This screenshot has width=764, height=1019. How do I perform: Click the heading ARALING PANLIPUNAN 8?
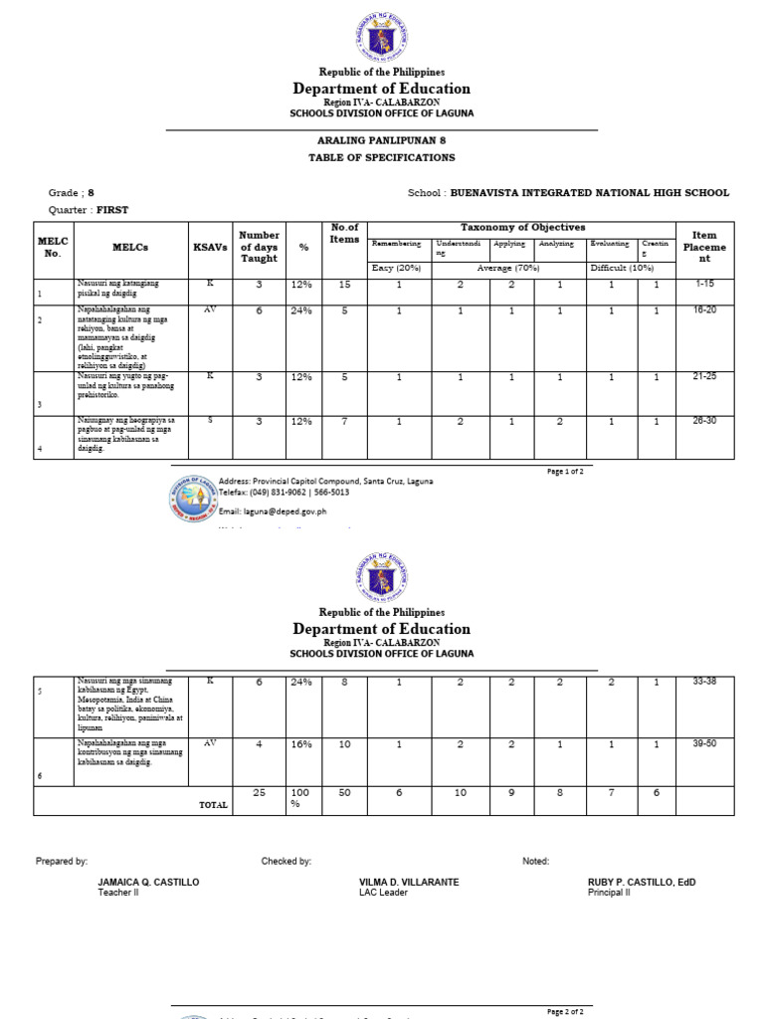tap(381, 141)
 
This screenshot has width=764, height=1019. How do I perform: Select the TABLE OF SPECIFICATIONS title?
tap(381, 157)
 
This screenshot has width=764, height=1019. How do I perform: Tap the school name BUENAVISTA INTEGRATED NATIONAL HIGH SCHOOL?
tap(589, 193)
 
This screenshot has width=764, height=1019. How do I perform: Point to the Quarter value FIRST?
tap(112, 210)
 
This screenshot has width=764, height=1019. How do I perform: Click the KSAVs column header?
tap(210, 247)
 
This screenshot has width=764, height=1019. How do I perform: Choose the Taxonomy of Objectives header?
tap(522, 228)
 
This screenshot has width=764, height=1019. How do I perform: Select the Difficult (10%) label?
tap(622, 269)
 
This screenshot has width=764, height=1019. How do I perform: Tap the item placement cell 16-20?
tap(704, 310)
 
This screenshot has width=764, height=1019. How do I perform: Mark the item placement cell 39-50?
tap(704, 743)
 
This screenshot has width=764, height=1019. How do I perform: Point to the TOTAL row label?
tap(213, 804)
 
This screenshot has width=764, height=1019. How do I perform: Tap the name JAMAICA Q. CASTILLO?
tap(148, 882)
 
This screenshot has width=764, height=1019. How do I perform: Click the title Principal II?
tap(609, 893)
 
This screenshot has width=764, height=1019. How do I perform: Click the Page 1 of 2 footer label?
tap(566, 471)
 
